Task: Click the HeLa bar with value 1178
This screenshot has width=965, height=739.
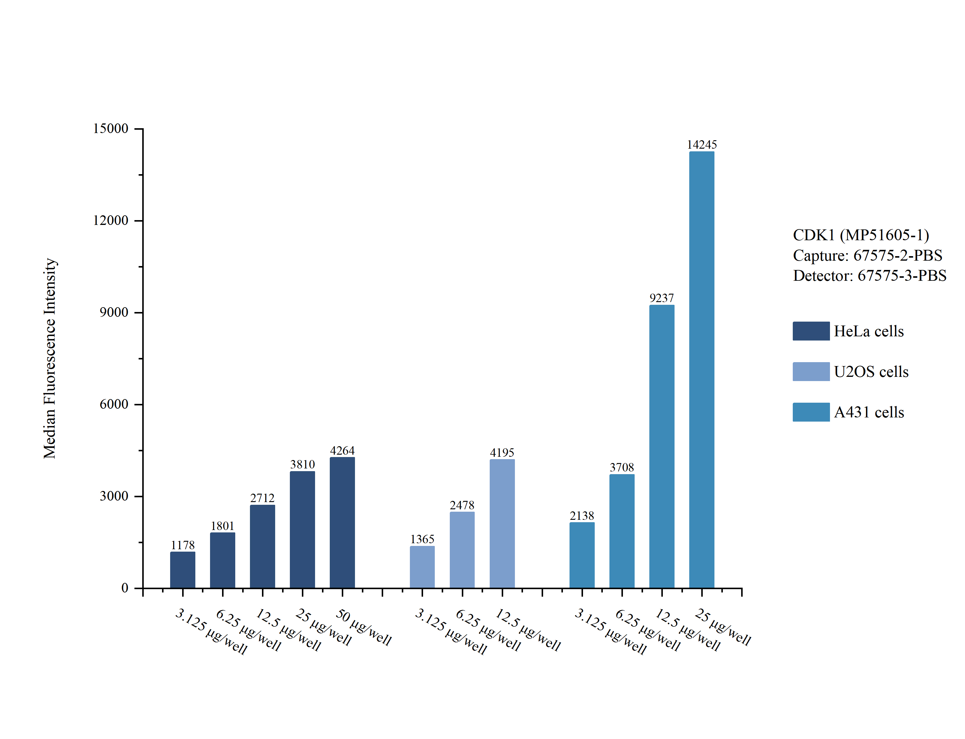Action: [x=182, y=570]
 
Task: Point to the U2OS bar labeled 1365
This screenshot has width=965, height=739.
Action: [x=422, y=567]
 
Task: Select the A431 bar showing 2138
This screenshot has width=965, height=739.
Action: [x=582, y=555]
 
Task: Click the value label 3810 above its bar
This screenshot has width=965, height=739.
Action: [x=302, y=465]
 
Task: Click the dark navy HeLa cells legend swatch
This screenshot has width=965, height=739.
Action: [x=811, y=331]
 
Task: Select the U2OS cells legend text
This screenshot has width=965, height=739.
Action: [x=871, y=372]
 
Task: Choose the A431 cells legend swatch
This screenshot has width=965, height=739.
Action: [x=811, y=412]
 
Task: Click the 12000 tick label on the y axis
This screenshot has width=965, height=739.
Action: [x=110, y=220]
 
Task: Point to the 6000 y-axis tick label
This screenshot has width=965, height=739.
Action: [x=114, y=404]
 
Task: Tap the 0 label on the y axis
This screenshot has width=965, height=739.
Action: [x=125, y=588]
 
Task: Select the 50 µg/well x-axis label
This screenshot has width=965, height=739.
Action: [x=363, y=627]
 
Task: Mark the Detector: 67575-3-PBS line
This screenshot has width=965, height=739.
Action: [x=869, y=275]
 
